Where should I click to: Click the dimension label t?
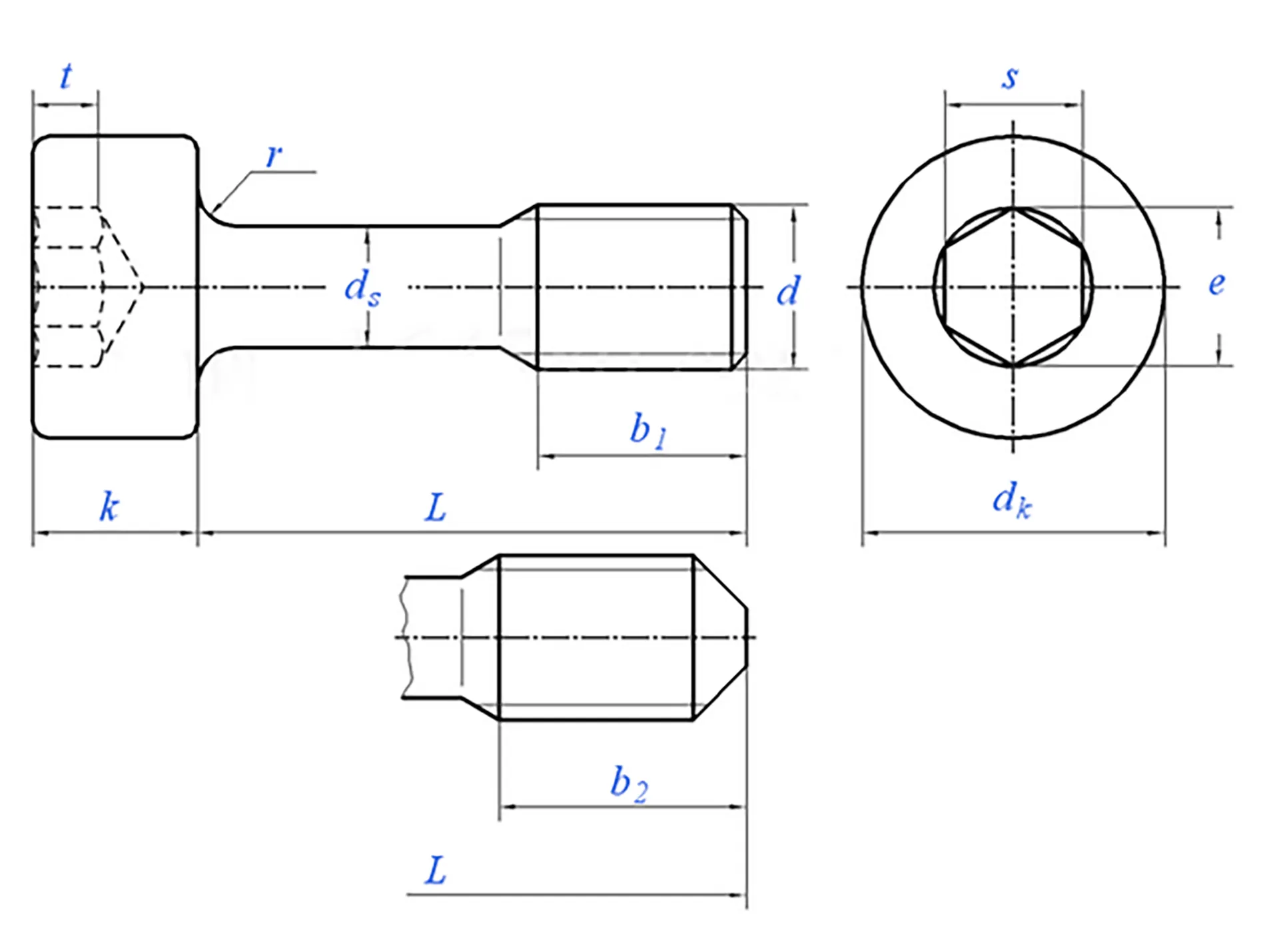(66, 76)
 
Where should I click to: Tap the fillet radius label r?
(273, 156)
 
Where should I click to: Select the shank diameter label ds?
(362, 288)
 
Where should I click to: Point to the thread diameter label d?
(788, 292)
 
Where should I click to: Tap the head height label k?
(109, 507)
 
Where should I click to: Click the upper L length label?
(435, 509)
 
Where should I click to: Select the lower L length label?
(435, 871)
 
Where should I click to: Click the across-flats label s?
(1010, 78)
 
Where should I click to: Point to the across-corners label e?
(1216, 284)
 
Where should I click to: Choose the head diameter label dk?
(1011, 500)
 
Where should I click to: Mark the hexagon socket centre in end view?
(1013, 287)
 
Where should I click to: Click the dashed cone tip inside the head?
(142, 287)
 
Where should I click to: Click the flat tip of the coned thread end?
(746, 637)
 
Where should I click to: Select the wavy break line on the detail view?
(404, 637)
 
